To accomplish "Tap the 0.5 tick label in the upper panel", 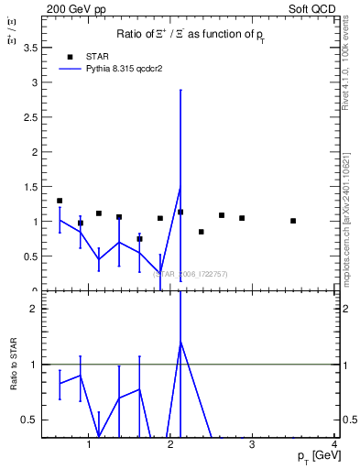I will (x=33, y=256).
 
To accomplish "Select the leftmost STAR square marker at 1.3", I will (x=60, y=201).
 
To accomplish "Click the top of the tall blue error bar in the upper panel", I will (x=180, y=90).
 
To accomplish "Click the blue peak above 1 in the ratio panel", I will (x=180, y=342).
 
